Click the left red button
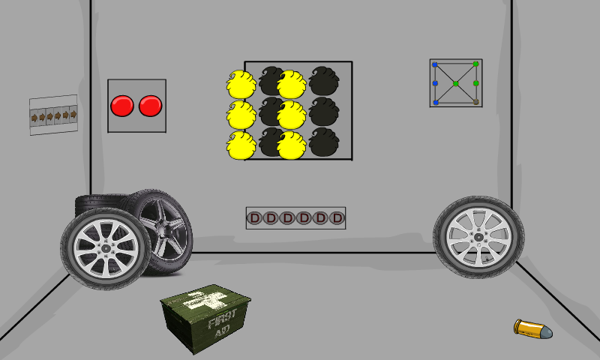[122, 106]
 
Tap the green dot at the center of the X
[456, 83]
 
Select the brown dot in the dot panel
[475, 102]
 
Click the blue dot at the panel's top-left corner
[435, 64]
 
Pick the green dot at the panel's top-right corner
[475, 64]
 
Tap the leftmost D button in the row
[254, 218]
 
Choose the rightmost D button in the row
[337, 218]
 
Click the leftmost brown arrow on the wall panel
[34, 118]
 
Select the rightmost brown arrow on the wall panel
[73, 114]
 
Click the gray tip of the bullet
[547, 331]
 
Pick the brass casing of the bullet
[527, 328]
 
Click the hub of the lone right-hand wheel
[478, 238]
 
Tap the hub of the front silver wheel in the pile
[106, 249]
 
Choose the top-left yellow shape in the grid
[241, 84]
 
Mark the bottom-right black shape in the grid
[324, 142]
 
